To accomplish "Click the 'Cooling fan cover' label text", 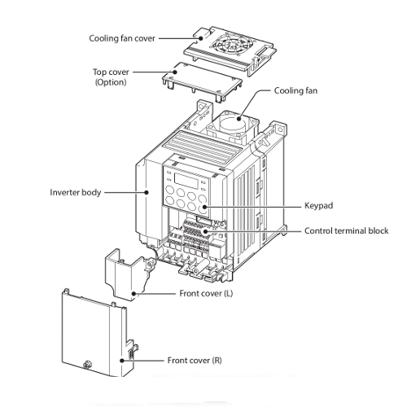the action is pos(122,38).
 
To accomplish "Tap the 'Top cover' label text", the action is pos(111,72).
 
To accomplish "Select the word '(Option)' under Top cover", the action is pos(111,82).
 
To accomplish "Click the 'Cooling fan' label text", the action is pos(295,90).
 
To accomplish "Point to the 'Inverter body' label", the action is pos(76,192).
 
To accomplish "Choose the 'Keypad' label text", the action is pos(318,205).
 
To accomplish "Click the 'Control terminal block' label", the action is pos(346,230).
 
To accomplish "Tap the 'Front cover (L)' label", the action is pos(206,293).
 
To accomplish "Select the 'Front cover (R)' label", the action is pos(195,361).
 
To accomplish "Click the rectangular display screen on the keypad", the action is pos(186,181).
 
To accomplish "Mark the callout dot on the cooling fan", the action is pos(239,118).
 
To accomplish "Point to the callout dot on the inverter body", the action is pos(147,192).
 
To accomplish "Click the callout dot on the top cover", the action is pos(175,72).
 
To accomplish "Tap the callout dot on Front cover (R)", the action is pos(122,361).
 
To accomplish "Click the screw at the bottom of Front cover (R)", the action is pos(87,364).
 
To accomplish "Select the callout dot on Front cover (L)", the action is pos(133,294).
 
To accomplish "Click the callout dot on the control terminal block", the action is pos(205,231).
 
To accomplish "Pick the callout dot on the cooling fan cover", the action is pos(200,38).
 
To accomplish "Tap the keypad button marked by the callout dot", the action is pos(203,208).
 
